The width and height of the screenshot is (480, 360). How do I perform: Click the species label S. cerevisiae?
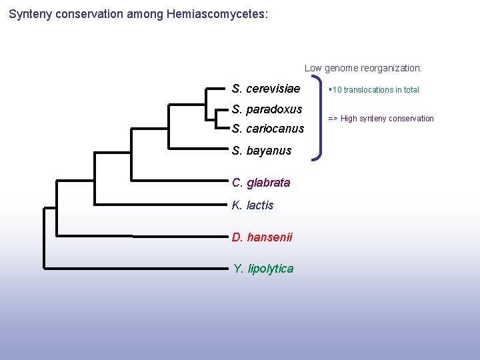pyautogui.click(x=265, y=89)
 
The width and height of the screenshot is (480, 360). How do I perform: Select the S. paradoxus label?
pyautogui.click(x=267, y=109)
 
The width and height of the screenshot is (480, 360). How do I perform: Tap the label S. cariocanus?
pyautogui.click(x=267, y=129)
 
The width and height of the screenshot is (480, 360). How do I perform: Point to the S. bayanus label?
pyautogui.click(x=261, y=151)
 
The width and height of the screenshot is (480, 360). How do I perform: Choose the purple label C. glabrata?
pyautogui.click(x=261, y=183)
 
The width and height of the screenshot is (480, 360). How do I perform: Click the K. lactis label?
pyautogui.click(x=252, y=205)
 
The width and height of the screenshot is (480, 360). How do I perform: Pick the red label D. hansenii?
pyautogui.click(x=261, y=237)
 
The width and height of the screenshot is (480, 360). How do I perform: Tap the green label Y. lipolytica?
pyautogui.click(x=263, y=269)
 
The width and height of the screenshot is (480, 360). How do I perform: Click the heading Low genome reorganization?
pyautogui.click(x=363, y=68)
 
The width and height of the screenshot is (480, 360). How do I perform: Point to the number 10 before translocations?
pyautogui.click(x=337, y=90)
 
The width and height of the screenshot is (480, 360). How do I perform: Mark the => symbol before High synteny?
pyautogui.click(x=332, y=119)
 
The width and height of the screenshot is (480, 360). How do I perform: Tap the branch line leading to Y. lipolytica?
pyautogui.click(x=133, y=269)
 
